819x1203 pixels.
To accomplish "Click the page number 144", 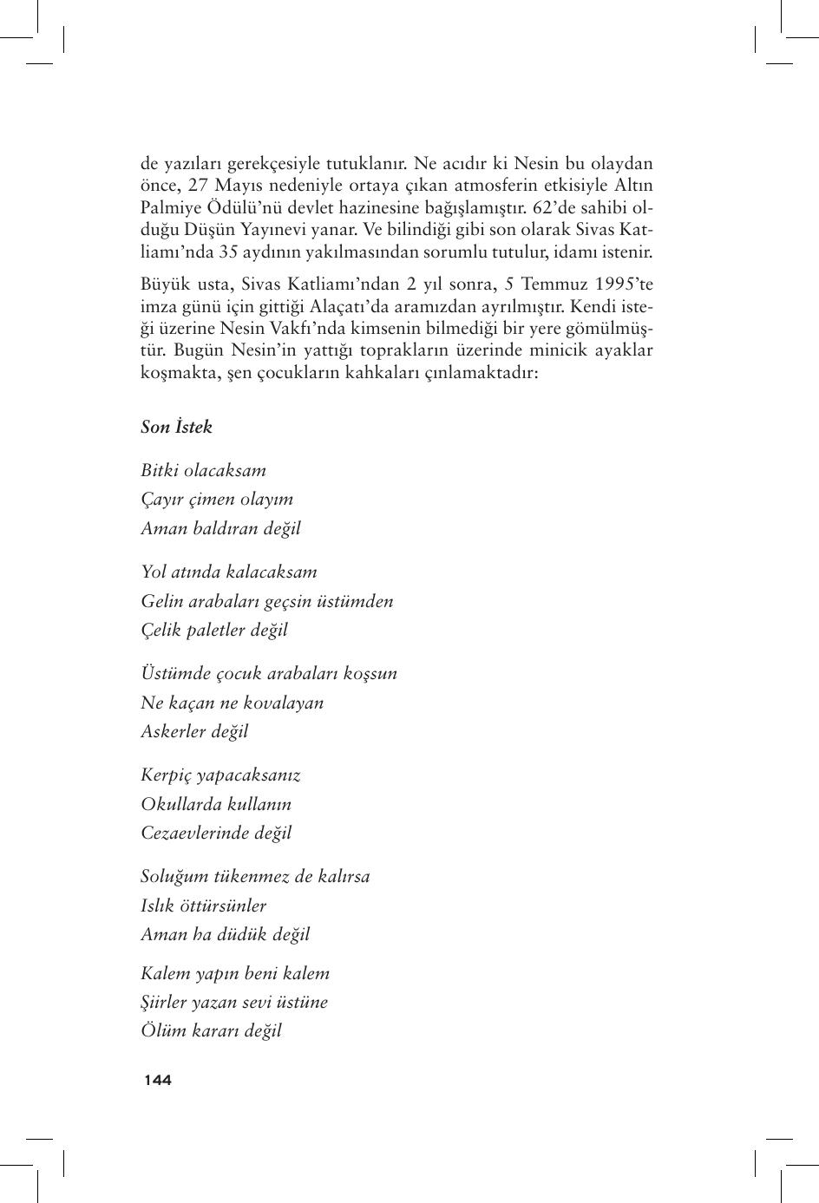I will point(158,1080).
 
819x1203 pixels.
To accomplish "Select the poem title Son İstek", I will point(176,427).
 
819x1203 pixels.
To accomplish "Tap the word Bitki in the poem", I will point(160,470).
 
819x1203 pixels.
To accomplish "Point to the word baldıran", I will point(225,528).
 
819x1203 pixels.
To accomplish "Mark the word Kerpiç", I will point(166,775).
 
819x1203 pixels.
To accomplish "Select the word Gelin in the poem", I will point(161,601).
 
